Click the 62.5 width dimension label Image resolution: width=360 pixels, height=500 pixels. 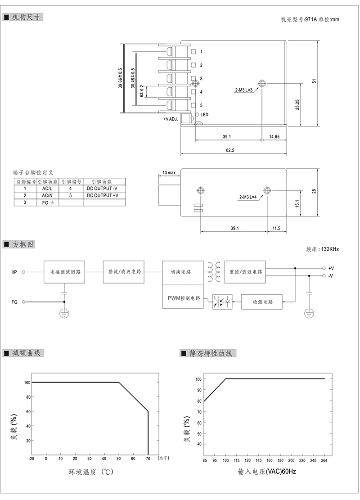[x=230, y=150]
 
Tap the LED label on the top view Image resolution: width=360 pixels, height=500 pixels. [x=204, y=114]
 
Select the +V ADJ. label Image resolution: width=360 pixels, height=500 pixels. [x=171, y=119]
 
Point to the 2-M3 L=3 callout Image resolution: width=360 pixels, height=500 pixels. [x=243, y=90]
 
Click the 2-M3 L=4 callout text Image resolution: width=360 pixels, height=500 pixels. [x=248, y=197]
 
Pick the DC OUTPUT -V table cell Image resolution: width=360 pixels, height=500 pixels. [x=102, y=189]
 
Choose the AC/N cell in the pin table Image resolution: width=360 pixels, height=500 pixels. [x=47, y=195]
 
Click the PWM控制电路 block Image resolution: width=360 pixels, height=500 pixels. [x=183, y=298]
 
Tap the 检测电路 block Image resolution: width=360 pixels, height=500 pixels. [x=262, y=302]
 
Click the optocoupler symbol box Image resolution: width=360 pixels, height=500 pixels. [x=223, y=302]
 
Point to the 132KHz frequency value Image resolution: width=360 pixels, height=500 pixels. [x=330, y=249]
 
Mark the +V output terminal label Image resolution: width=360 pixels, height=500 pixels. [x=331, y=269]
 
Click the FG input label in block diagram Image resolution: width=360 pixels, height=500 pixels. [x=14, y=302]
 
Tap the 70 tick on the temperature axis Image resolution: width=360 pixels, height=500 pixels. [x=148, y=459]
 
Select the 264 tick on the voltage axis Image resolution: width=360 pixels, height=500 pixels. [x=324, y=460]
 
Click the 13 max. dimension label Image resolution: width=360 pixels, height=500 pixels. [x=169, y=172]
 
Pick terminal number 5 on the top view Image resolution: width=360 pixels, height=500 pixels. [x=201, y=105]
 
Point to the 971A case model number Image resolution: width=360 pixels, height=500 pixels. [x=311, y=19]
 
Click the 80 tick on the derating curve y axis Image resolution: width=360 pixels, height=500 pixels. [x=28, y=397]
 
